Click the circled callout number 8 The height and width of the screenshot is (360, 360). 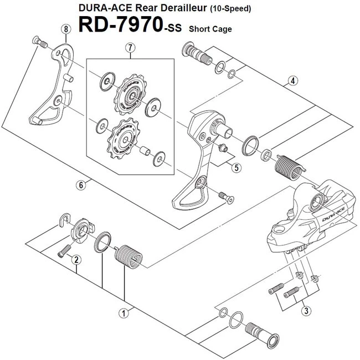(66, 28)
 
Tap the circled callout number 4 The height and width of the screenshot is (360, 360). (292, 81)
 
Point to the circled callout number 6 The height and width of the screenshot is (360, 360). (81, 184)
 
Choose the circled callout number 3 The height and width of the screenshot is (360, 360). (306, 311)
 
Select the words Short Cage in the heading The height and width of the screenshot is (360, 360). (210, 29)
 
